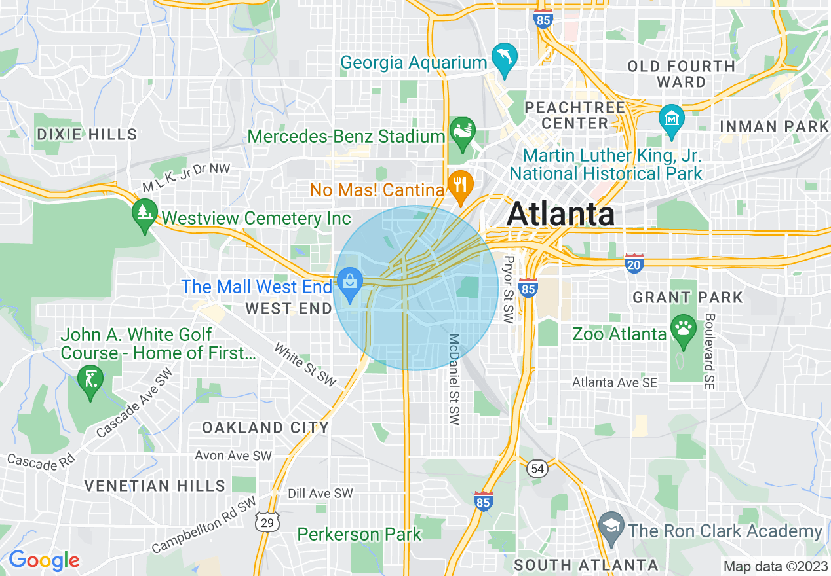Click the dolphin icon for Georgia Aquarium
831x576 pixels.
(x=505, y=56)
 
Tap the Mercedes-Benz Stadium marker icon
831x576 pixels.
(x=461, y=130)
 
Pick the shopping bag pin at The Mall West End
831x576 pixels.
(x=351, y=282)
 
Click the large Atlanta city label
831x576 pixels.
(x=561, y=214)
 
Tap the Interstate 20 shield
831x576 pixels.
(x=634, y=263)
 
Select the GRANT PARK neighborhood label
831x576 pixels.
(x=687, y=298)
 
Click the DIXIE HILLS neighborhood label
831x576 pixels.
(x=87, y=135)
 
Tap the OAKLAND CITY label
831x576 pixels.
(x=265, y=428)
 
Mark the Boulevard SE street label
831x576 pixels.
(x=710, y=351)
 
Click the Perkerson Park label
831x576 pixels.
(x=360, y=534)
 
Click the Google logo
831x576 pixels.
(x=43, y=561)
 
